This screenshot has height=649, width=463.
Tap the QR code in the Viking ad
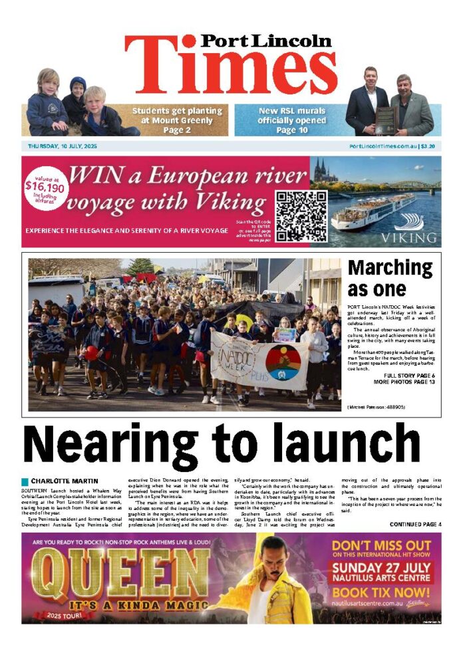pyautogui.click(x=301, y=216)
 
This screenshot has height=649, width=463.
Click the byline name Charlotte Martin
pyautogui.click(x=65, y=480)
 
